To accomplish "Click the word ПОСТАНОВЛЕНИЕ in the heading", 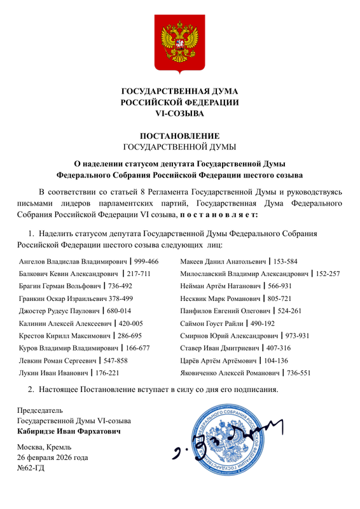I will click(x=180, y=136).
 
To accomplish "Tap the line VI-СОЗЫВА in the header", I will click(x=180, y=114).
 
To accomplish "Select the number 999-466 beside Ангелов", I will click(x=146, y=261).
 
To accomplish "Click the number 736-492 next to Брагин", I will click(x=120, y=286).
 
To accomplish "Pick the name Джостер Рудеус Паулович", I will click(x=61, y=311).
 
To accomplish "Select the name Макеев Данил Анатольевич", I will click(x=223, y=261).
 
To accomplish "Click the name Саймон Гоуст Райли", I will click(x=212, y=323).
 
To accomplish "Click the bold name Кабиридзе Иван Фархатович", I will click(x=68, y=431).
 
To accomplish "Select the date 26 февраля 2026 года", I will click(x=53, y=457).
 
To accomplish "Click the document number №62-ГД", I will click(x=31, y=469).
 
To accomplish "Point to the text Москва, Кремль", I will click(x=45, y=446).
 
